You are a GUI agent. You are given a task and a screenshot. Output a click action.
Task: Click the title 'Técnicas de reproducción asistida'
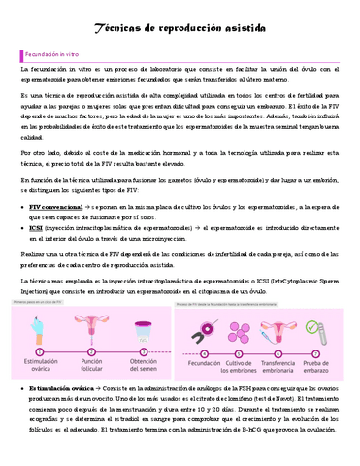[x=180, y=31]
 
